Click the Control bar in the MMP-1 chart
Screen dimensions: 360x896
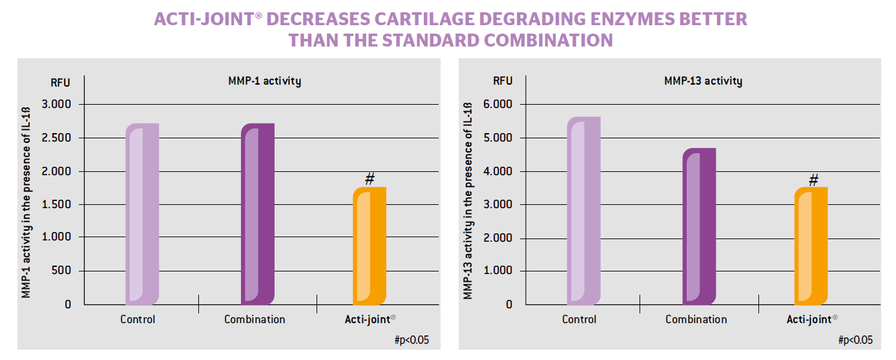pyautogui.click(x=142, y=214)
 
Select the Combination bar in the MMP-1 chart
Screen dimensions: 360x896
pyautogui.click(x=257, y=214)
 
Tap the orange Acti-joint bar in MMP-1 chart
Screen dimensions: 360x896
pyautogui.click(x=370, y=246)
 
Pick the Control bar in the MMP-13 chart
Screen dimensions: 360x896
pyautogui.click(x=584, y=211)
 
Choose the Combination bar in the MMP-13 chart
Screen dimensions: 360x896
pyautogui.click(x=699, y=226)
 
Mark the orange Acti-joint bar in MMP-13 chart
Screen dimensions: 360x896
pyautogui.click(x=811, y=246)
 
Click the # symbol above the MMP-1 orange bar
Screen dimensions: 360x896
pyautogui.click(x=370, y=179)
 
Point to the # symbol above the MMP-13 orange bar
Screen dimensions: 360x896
pyautogui.click(x=813, y=179)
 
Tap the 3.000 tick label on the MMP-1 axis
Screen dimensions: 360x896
pyautogui.click(x=57, y=105)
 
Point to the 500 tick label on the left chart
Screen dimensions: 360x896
pyautogui.click(x=62, y=271)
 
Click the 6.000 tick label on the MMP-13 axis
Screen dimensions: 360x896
pyautogui.click(x=498, y=105)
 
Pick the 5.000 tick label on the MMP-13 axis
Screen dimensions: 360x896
pyautogui.click(x=498, y=138)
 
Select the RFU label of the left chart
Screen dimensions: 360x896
pyautogui.click(x=60, y=82)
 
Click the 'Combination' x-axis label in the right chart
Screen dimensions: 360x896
pyautogui.click(x=696, y=319)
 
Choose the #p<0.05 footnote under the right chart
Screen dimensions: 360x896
pyautogui.click(x=855, y=340)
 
